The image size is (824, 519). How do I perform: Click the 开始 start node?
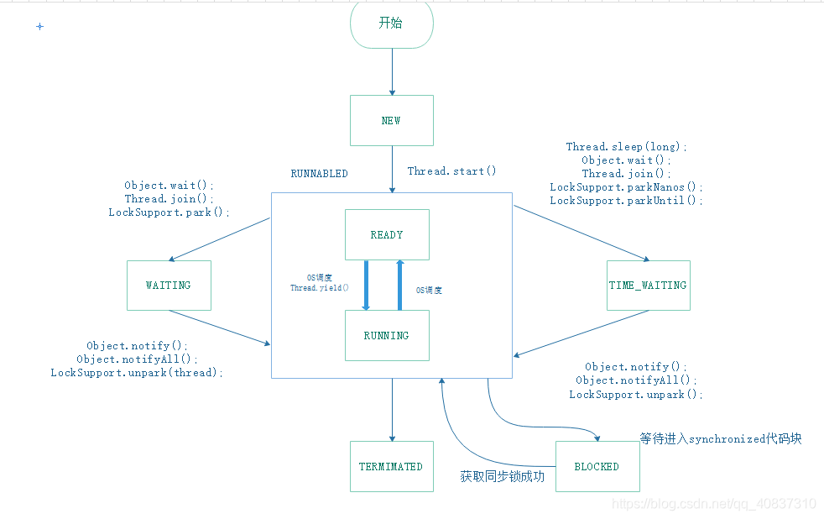coord(391,24)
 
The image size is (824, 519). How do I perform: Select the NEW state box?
coord(391,120)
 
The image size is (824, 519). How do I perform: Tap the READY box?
coord(387,234)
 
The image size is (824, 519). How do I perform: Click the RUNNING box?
coord(387,335)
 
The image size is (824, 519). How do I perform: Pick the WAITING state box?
coord(169,285)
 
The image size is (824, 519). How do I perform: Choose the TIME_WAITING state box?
coord(648,285)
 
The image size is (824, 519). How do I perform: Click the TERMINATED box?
coord(391,466)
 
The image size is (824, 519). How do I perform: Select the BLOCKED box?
coord(597,466)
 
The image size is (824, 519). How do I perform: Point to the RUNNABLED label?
coord(319,174)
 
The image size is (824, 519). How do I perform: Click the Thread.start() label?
coord(451,171)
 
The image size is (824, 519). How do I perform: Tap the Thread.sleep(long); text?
coord(626,147)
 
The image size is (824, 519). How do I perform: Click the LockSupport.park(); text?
coord(169,212)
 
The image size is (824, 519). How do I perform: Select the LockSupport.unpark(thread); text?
coord(137,373)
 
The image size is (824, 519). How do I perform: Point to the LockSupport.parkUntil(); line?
coord(626,201)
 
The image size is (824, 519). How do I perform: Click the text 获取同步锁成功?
coord(502,476)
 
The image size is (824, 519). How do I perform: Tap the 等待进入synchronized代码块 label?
coord(720,438)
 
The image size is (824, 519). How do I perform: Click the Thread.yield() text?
coord(320,287)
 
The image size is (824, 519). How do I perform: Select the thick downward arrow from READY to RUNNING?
coord(367,285)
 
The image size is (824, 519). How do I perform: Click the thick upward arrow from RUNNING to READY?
coord(400,285)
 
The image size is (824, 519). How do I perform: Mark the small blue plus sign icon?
coord(39,27)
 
